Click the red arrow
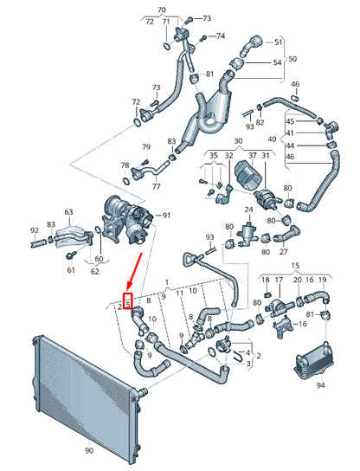134,274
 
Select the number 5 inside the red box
127,303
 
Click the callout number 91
167,215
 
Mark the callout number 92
35,230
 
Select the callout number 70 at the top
161,10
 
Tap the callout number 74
220,36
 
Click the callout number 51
278,42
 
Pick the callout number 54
278,63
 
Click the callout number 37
252,155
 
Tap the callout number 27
283,252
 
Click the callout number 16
301,323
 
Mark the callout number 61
71,270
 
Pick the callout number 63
68,210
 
